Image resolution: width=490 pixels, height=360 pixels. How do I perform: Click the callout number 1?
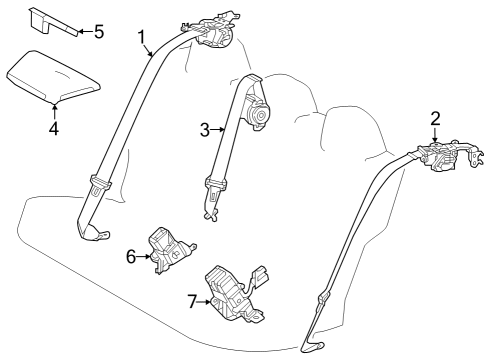(142, 37)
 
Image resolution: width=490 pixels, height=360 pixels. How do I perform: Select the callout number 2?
(435, 119)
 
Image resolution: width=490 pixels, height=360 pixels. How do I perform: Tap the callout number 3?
(203, 129)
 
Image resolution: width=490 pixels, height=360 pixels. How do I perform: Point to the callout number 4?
(54, 127)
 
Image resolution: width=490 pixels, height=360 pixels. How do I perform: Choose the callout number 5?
(98, 32)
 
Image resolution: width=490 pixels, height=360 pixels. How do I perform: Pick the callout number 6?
(131, 256)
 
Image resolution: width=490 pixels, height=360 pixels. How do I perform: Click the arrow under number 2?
(435, 136)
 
